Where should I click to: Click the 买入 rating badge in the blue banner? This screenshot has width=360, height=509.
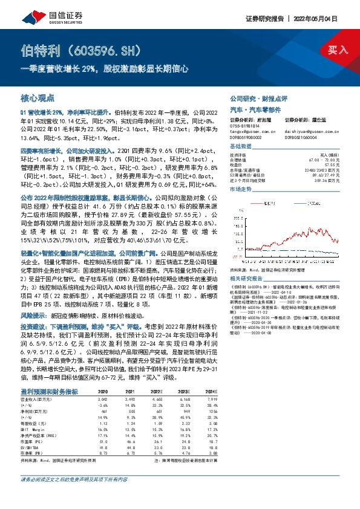(x=337, y=50)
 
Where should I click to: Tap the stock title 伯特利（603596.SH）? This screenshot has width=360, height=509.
(x=81, y=50)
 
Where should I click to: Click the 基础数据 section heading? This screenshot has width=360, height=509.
(x=240, y=148)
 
